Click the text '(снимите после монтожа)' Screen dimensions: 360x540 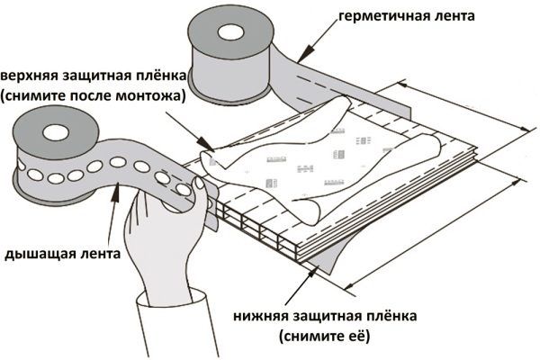[x=93, y=95]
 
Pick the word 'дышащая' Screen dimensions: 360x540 [x=36, y=255]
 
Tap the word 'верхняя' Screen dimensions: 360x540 [x=31, y=74]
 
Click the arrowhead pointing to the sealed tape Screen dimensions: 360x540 [x=299, y=59]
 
